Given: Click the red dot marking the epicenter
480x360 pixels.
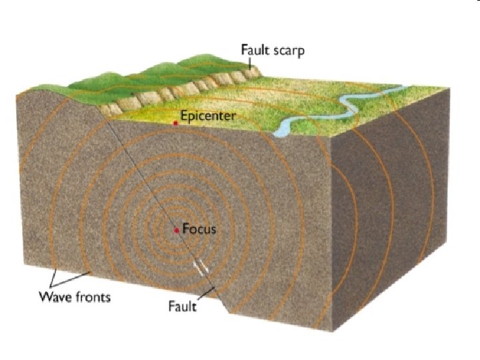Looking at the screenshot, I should (175, 124).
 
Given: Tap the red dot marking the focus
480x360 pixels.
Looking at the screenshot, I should (177, 230).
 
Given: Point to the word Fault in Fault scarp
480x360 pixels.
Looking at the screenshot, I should (256, 51).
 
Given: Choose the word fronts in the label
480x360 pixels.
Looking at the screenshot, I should (92, 297).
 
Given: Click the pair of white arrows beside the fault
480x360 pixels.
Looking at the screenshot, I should (200, 269).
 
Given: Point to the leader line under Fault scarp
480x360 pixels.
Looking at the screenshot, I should (250, 63).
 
